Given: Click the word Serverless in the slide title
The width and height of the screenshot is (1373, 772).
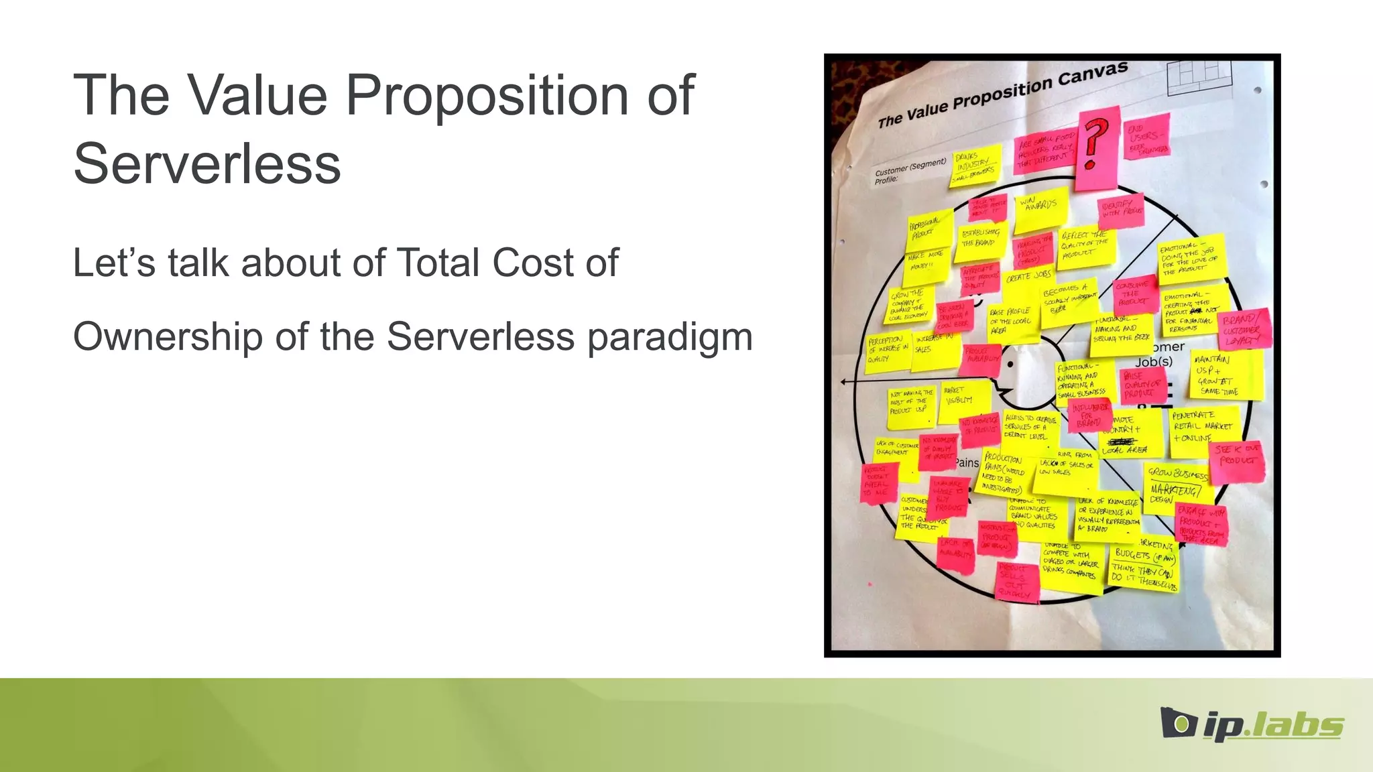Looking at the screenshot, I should click(207, 164).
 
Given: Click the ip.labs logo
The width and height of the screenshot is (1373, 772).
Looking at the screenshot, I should click(1252, 724).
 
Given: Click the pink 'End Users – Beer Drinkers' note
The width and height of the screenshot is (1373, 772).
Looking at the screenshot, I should click(1147, 136).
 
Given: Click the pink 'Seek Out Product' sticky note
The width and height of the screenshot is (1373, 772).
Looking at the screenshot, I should click(1238, 461).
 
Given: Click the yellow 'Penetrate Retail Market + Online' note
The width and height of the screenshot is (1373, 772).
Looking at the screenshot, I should click(1203, 427).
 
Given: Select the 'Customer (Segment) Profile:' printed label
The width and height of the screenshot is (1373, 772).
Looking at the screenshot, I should click(909, 170).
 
